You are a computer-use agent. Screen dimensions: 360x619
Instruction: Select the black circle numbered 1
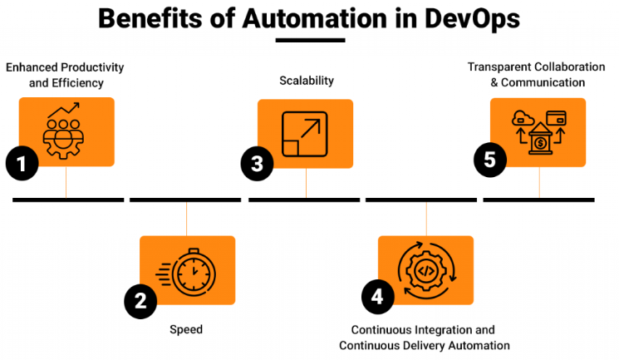[x=22, y=164]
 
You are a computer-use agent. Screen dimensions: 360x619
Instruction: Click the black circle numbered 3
[x=258, y=163]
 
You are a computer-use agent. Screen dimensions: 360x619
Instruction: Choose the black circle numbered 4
[x=378, y=297]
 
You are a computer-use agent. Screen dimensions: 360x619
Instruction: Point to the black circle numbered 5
[x=491, y=160]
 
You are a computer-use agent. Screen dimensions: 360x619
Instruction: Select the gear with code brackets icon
[x=425, y=269]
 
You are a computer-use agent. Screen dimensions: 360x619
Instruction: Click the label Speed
[x=186, y=329]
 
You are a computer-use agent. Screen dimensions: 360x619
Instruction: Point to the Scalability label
[x=306, y=81]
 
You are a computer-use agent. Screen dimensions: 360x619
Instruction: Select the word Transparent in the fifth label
[x=497, y=67]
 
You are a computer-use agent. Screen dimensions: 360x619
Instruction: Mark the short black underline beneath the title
[x=309, y=39]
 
